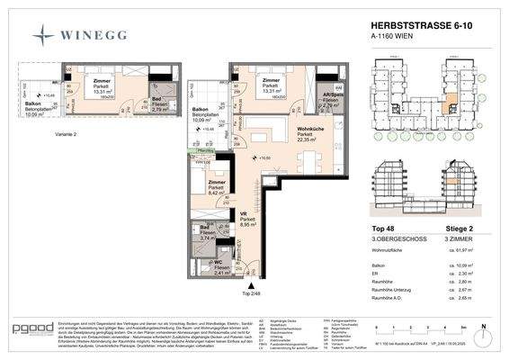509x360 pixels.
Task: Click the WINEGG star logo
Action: click(43, 35)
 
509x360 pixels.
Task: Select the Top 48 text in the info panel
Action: click(384, 229)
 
